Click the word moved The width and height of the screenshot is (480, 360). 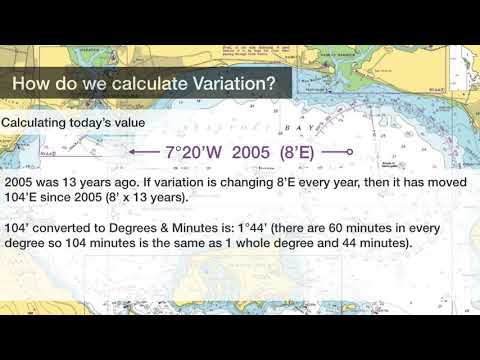tap(451, 185)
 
